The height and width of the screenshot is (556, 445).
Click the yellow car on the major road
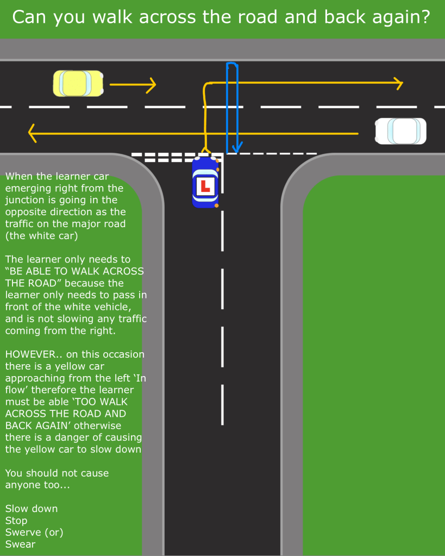[78, 84]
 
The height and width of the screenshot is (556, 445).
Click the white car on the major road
[400, 131]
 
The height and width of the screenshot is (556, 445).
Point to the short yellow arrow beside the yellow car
[133, 84]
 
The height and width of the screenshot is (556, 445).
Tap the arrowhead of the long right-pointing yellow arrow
[398, 83]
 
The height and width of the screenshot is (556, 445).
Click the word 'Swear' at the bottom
[21, 544]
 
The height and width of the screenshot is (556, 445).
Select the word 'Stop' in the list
[16, 521]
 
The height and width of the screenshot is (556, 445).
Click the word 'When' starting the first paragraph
[18, 177]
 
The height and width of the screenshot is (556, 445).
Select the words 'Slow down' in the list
[32, 509]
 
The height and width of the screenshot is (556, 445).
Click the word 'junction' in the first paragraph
[27, 201]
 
